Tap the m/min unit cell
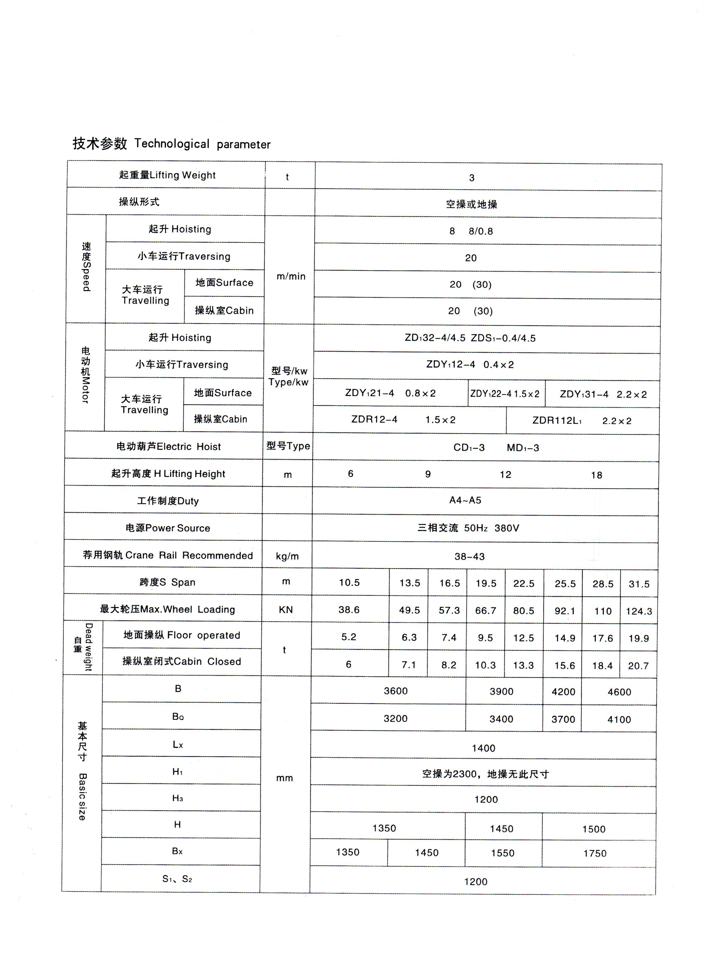tap(291, 276)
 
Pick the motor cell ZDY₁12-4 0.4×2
tap(470, 364)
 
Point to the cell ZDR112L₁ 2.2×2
tap(581, 420)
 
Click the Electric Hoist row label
tap(168, 446)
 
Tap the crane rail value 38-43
tap(470, 556)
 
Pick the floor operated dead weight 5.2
tap(349, 637)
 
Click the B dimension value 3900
tap(502, 691)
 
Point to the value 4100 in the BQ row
tap(619, 719)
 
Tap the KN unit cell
tap(286, 610)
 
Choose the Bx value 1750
tap(595, 853)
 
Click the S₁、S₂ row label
tap(177, 879)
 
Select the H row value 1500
tap(594, 829)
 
